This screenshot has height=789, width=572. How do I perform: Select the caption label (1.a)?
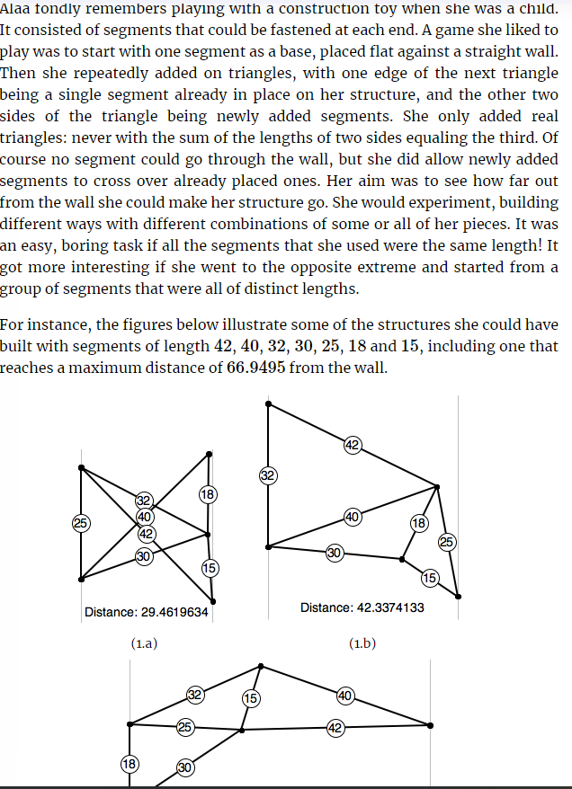(x=145, y=643)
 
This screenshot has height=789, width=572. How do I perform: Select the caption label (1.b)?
(x=362, y=643)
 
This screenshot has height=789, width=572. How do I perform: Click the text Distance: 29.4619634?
(x=146, y=612)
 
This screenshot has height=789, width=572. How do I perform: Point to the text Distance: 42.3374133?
(x=362, y=607)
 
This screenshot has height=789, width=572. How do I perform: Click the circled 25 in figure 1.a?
(x=80, y=522)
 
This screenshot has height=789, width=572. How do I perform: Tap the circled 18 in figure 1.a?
(x=208, y=494)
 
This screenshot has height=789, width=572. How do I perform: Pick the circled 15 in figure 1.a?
(x=210, y=567)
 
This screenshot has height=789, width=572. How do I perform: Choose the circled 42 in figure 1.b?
(x=353, y=444)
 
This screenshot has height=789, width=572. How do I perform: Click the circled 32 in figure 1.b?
(x=267, y=475)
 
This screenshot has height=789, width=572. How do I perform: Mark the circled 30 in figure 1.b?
(x=334, y=552)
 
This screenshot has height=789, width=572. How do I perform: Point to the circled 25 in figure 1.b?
(x=447, y=541)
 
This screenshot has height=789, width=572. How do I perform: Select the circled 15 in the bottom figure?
(x=251, y=697)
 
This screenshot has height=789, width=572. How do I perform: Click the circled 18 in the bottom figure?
(x=130, y=764)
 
